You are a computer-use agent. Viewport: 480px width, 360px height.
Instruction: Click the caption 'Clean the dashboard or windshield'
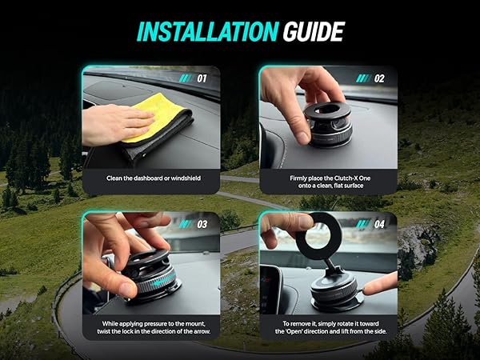pos(152,178)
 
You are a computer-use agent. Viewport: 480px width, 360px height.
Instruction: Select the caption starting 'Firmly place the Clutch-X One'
pos(328,182)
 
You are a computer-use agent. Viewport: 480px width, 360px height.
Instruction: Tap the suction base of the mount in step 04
pos(336,300)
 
